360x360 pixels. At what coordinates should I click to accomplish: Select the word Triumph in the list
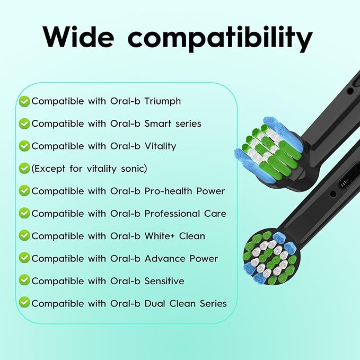(163, 101)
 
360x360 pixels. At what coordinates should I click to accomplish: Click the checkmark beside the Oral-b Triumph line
(24, 101)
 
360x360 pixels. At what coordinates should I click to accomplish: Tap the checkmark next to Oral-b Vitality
(24, 146)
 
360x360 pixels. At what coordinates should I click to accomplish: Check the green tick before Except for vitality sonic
(24, 169)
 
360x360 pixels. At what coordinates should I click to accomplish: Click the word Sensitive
(164, 281)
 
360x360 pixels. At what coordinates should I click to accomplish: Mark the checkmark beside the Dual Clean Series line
(24, 302)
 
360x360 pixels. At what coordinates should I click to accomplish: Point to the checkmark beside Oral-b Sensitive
(24, 280)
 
